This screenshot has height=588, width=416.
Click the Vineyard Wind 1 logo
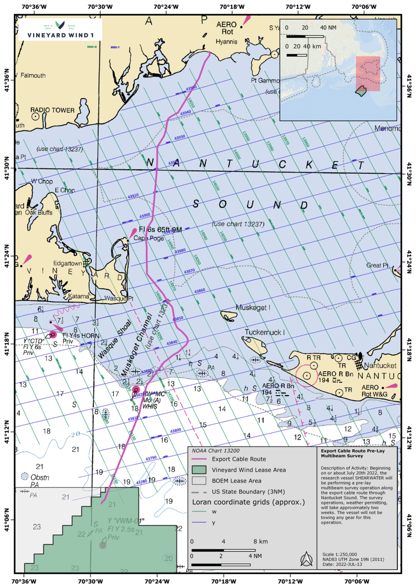tap(60, 30)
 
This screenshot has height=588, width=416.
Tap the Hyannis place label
tap(226, 42)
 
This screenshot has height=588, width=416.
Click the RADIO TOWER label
tap(52, 110)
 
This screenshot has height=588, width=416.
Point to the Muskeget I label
tap(253, 308)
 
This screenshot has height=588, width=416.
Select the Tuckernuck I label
tap(265, 332)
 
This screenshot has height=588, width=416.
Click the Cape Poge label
tap(149, 238)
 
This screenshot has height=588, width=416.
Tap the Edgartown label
tap(67, 263)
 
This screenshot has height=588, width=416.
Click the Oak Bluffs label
tap(39, 212)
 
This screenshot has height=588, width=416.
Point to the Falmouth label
tap(33, 76)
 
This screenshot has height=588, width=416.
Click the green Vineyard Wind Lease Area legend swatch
tap(199, 470)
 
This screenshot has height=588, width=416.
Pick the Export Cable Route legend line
tap(199, 459)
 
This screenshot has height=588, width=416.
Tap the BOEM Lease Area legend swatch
tap(199, 481)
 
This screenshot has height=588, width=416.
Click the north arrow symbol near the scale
tap(306, 559)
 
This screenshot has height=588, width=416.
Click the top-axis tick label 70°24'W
tap(166, 7)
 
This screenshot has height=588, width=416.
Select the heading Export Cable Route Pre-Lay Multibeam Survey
tap(352, 453)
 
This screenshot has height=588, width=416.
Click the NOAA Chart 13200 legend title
tap(216, 451)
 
